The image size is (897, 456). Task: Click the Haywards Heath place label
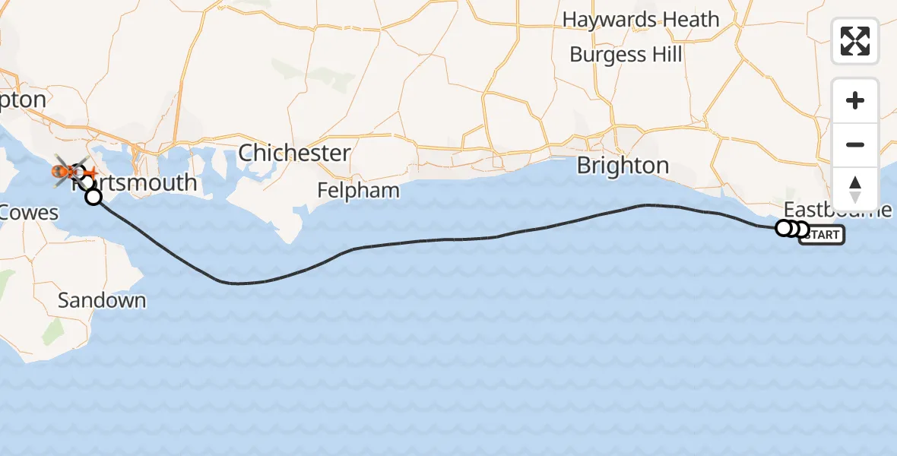(x=640, y=20)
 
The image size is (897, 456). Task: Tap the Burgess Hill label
(x=625, y=55)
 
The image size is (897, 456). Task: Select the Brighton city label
(x=623, y=166)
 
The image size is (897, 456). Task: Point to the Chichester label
(x=294, y=153)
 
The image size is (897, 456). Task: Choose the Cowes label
(x=29, y=212)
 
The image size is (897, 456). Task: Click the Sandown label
(x=102, y=300)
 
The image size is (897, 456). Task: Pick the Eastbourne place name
(x=836, y=209)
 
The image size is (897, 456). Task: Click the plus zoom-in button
(x=855, y=101)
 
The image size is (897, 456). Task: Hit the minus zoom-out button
(x=855, y=144)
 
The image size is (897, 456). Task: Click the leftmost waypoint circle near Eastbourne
(x=784, y=227)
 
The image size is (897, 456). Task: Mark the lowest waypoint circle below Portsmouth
(x=94, y=198)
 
